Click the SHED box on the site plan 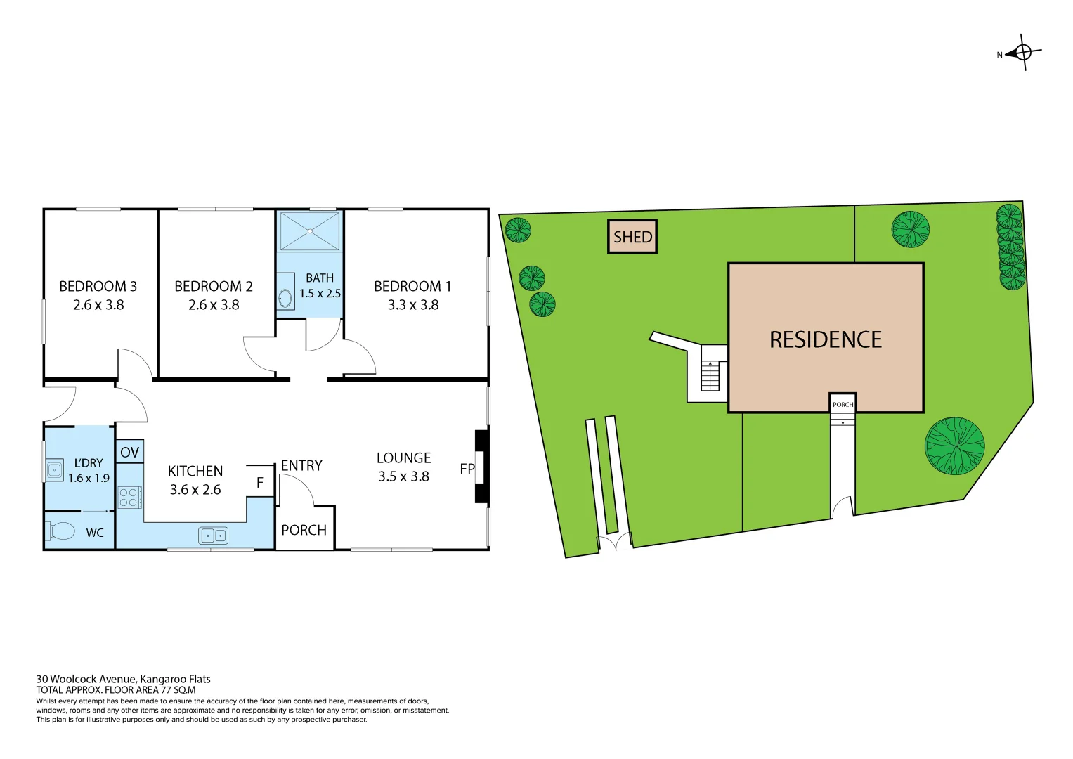tap(632, 237)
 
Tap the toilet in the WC tap(60, 531)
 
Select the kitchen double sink tap(214, 536)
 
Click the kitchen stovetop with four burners tap(129, 498)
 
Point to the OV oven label tap(129, 453)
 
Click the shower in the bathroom tap(309, 231)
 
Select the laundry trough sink tap(55, 470)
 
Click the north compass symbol tap(1022, 53)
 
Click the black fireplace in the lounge tap(481, 467)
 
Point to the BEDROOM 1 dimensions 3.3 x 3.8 tap(413, 305)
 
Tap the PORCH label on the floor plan tap(304, 531)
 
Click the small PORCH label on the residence tap(843, 405)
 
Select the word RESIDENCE tap(825, 340)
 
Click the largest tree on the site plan tap(954, 446)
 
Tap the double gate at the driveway tap(615, 542)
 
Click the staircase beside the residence tap(710, 375)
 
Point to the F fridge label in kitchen tap(260, 483)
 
